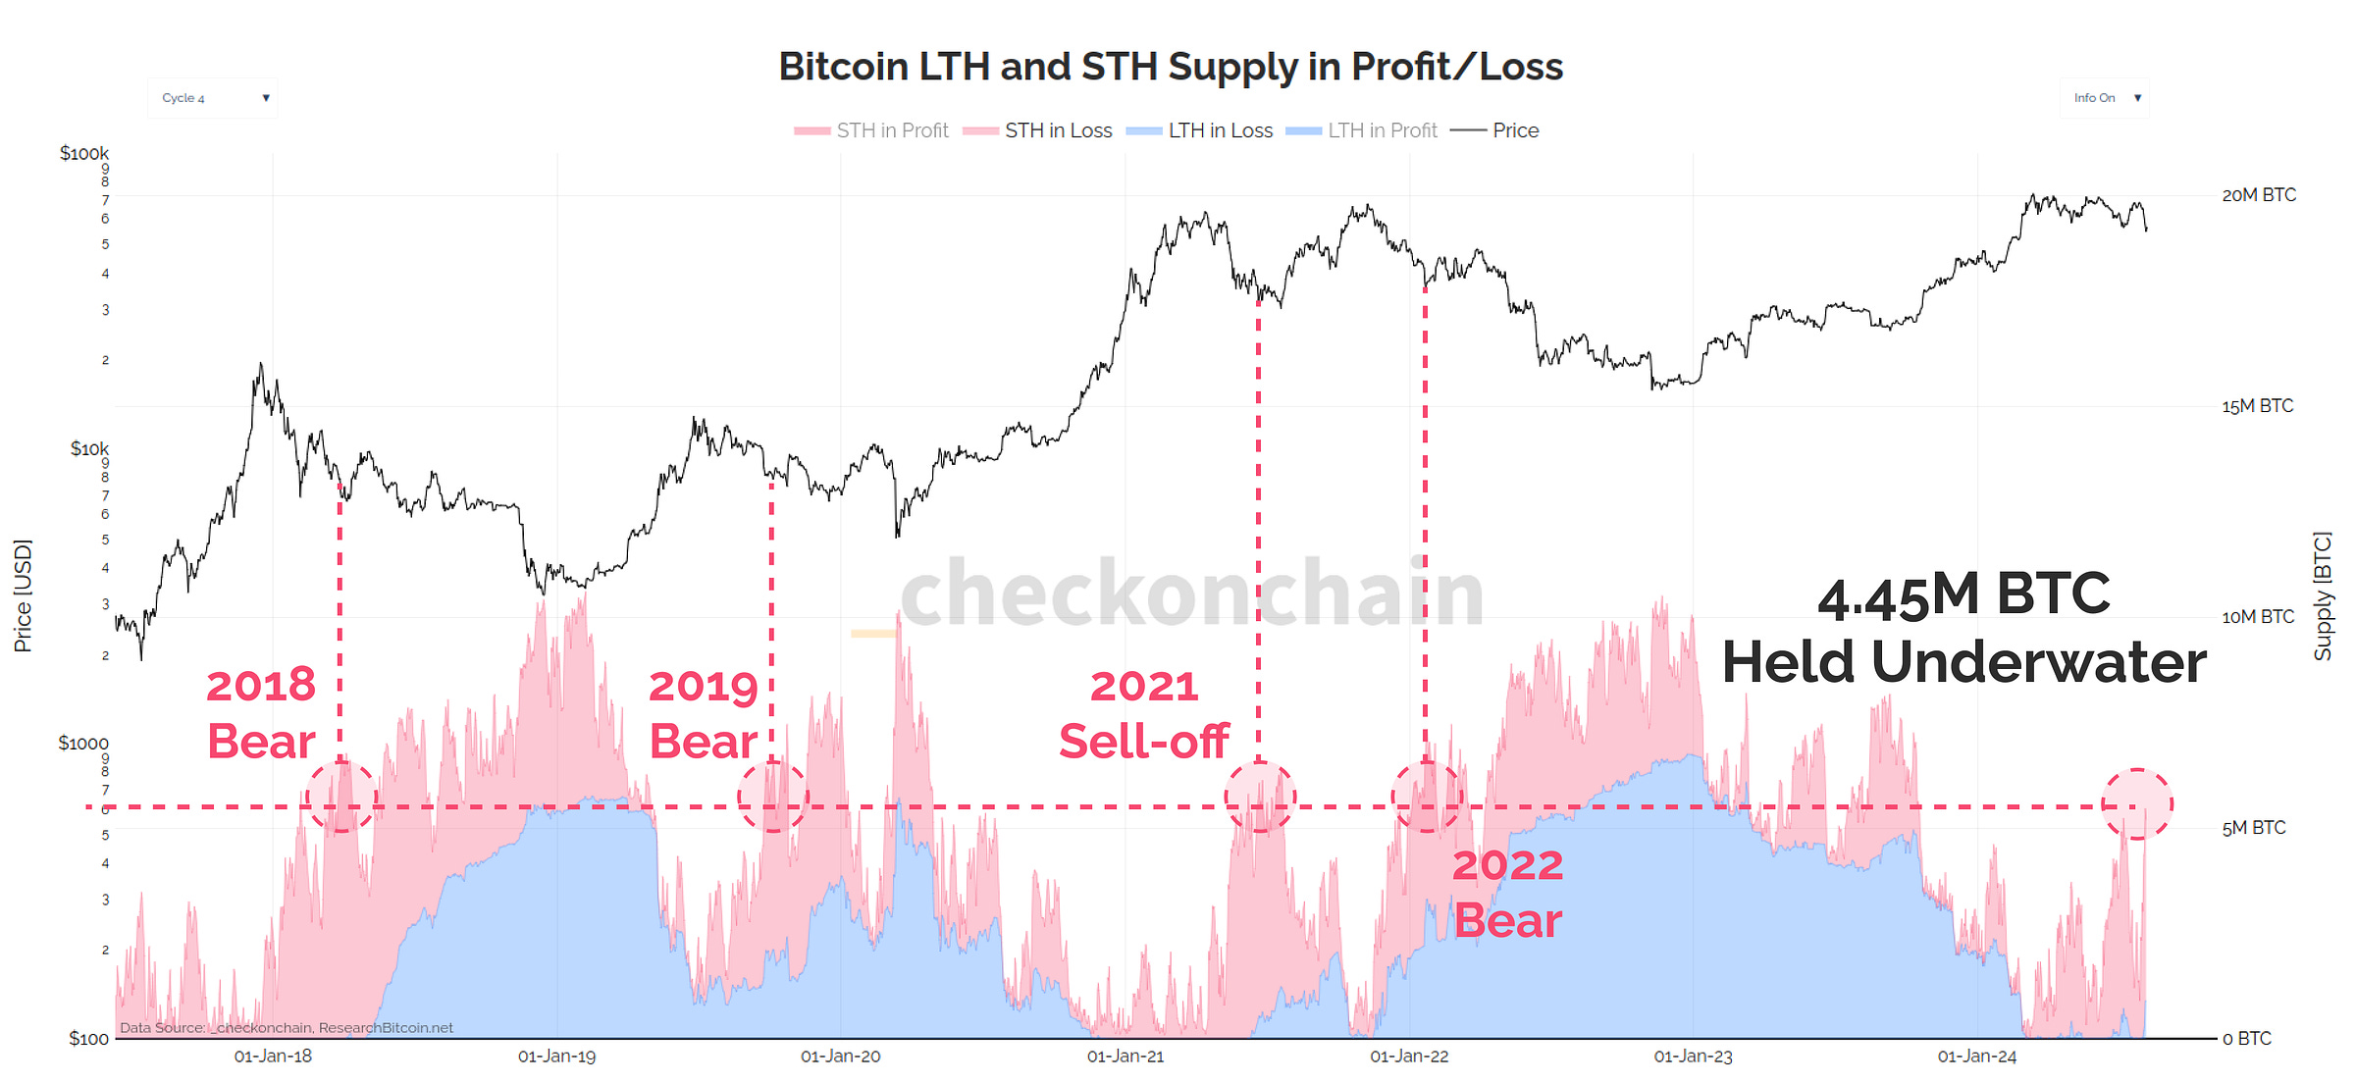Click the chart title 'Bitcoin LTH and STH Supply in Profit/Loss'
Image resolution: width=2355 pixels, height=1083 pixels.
1170,67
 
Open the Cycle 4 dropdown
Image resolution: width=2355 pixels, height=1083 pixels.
213,98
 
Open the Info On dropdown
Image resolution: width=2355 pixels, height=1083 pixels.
2104,98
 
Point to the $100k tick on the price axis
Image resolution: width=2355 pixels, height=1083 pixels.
84,153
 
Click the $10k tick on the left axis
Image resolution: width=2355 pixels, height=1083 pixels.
89,448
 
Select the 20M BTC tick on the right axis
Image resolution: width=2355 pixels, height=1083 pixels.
2258,195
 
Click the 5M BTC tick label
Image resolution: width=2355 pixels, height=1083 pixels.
2253,828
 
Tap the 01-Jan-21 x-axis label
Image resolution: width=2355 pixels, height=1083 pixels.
1125,1057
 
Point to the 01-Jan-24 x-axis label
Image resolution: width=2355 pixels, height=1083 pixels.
1976,1057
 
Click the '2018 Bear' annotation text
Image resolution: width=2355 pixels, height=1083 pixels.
261,713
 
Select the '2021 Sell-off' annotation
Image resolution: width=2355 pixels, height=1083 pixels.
1144,713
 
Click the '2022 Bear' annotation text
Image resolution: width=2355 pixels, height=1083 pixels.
1507,893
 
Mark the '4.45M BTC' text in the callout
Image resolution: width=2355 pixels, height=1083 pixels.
1962,595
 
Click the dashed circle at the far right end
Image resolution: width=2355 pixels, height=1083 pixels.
2137,804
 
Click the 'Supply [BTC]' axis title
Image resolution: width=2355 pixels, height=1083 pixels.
2323,595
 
